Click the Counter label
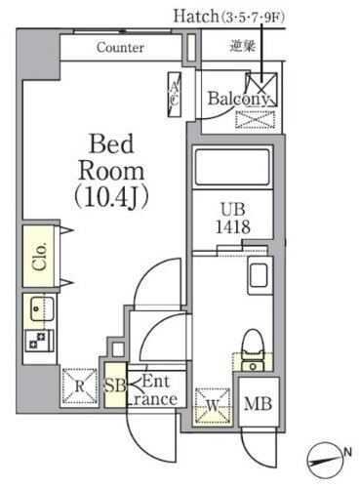(x=121, y=47)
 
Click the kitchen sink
(x=39, y=313)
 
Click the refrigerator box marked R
(x=78, y=383)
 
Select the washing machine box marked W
(x=212, y=402)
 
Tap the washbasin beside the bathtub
(x=260, y=275)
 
